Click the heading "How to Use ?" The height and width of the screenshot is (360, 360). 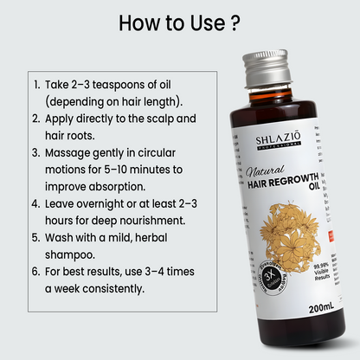click(x=179, y=22)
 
